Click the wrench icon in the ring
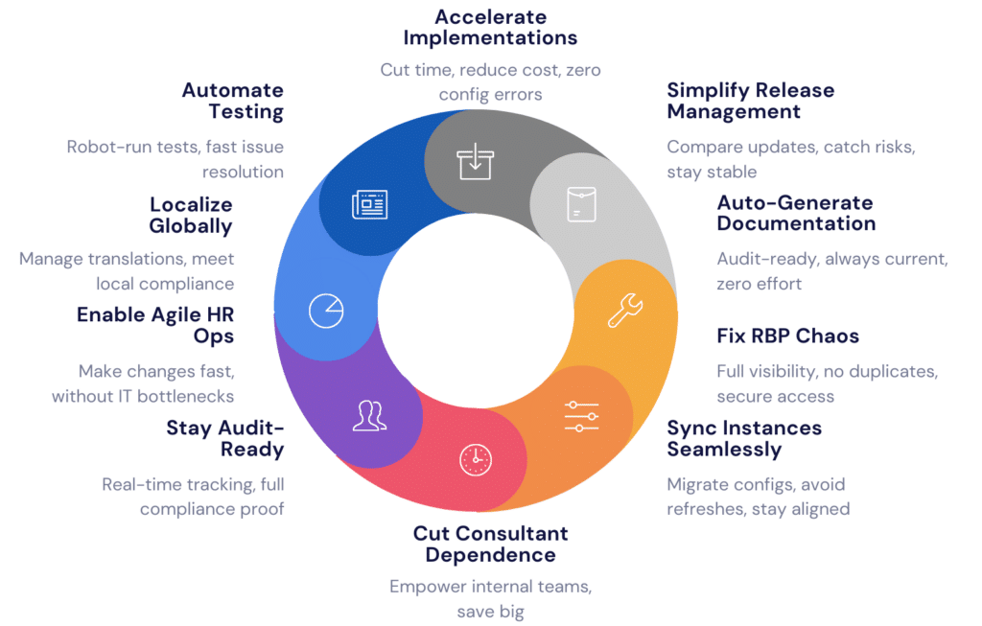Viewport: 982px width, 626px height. [x=625, y=310]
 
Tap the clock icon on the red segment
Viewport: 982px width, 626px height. [x=476, y=459]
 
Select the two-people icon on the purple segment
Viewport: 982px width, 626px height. [x=369, y=416]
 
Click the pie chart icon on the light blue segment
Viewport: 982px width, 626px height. [x=326, y=311]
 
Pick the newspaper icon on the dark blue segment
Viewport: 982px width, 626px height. [x=369, y=205]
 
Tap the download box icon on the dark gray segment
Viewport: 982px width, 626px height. [x=476, y=161]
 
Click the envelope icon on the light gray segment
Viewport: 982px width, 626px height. [x=581, y=204]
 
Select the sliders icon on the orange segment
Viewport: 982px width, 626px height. [x=581, y=416]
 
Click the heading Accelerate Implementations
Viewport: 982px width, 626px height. [x=490, y=28]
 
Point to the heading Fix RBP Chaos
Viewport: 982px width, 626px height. [x=788, y=336]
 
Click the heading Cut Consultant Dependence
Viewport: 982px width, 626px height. [x=490, y=544]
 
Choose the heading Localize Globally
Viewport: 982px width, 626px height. [x=191, y=216]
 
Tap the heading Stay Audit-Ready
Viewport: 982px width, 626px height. [x=224, y=439]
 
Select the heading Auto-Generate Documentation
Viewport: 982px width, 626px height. [x=796, y=214]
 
